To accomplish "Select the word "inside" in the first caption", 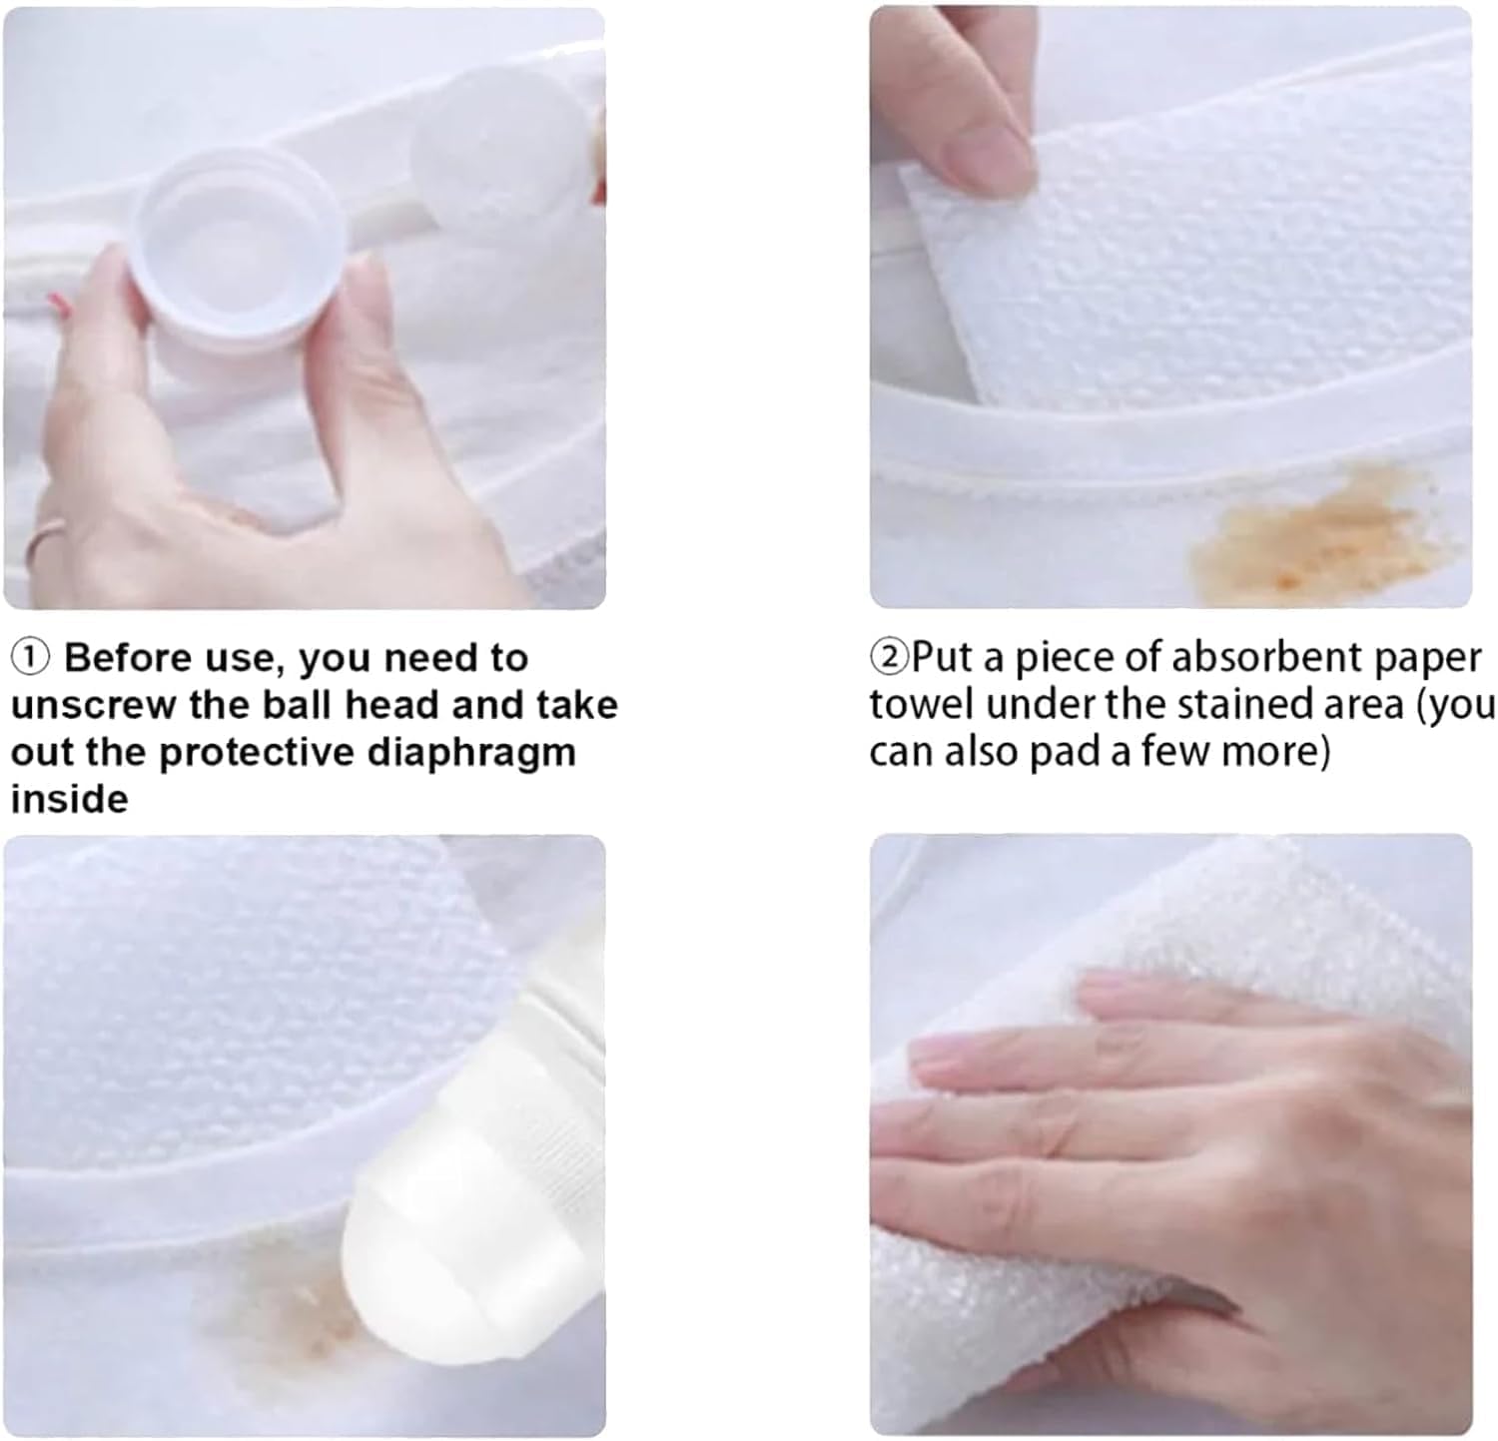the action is click(x=69, y=798).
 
